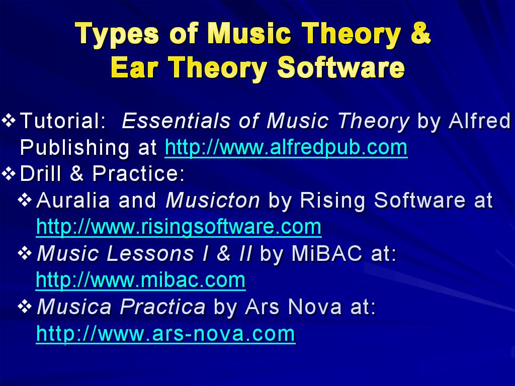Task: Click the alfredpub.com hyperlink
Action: (x=286, y=147)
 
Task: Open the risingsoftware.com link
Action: (x=179, y=227)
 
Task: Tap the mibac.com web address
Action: (x=141, y=280)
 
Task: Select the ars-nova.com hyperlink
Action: (x=166, y=334)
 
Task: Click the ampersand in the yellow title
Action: (x=420, y=33)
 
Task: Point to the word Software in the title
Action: (x=341, y=67)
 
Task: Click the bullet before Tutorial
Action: (x=9, y=121)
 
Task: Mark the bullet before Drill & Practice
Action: (x=9, y=173)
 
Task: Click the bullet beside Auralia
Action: (x=25, y=200)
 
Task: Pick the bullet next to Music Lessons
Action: (x=25, y=253)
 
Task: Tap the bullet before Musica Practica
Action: (x=25, y=307)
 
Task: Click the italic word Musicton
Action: (x=213, y=200)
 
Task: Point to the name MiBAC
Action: (x=327, y=253)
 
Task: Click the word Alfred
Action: (x=479, y=121)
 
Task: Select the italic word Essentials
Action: (x=176, y=121)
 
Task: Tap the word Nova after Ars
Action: (x=315, y=307)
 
